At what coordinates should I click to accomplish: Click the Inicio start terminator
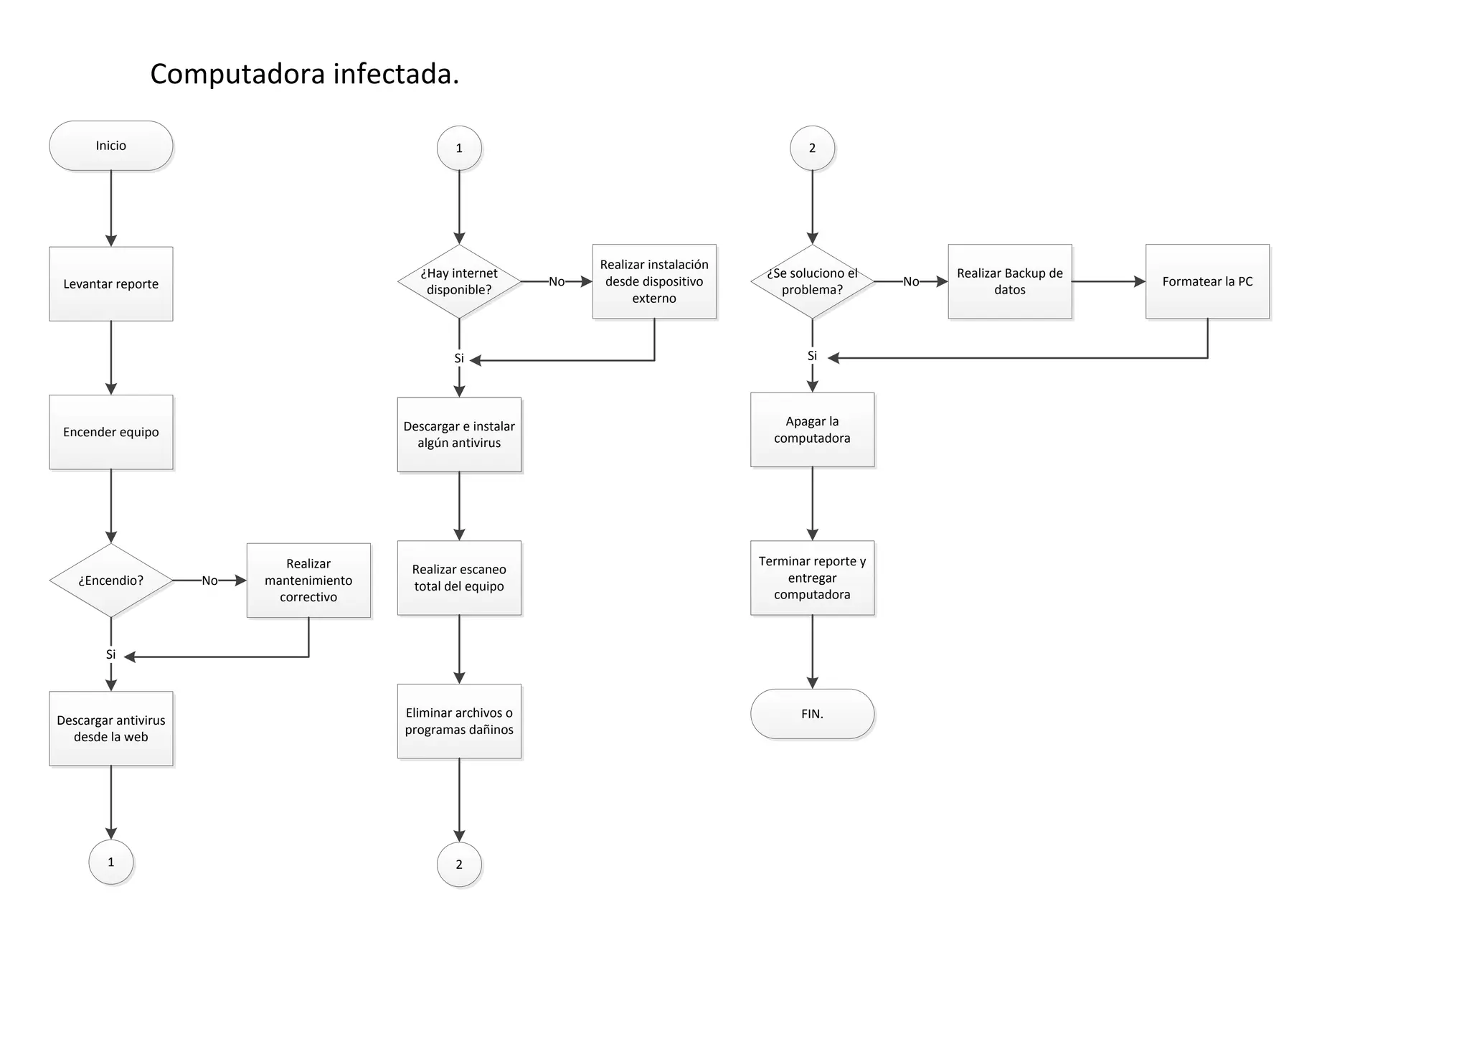point(110,146)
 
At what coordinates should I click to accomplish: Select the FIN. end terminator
point(812,714)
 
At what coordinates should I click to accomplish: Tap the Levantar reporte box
point(110,284)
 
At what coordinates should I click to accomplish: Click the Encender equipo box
point(110,432)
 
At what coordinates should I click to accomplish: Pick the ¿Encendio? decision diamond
point(110,580)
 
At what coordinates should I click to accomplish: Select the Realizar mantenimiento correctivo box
point(308,580)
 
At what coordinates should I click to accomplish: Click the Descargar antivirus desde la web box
point(110,728)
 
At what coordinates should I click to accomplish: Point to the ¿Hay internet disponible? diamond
point(459,281)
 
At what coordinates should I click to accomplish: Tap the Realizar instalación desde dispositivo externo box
point(654,281)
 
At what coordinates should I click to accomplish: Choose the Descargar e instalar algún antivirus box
point(459,435)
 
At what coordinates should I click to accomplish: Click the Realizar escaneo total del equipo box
point(459,578)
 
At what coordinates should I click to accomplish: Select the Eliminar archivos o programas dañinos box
point(459,721)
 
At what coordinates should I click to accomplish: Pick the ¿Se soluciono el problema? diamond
point(812,281)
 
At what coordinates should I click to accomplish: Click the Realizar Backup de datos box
point(1009,281)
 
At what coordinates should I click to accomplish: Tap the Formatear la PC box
point(1207,281)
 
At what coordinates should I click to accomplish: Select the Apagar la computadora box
point(812,430)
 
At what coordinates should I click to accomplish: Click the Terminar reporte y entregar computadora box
point(812,578)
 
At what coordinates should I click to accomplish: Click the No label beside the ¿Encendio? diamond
point(209,580)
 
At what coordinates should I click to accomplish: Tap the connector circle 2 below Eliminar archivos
point(459,865)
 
